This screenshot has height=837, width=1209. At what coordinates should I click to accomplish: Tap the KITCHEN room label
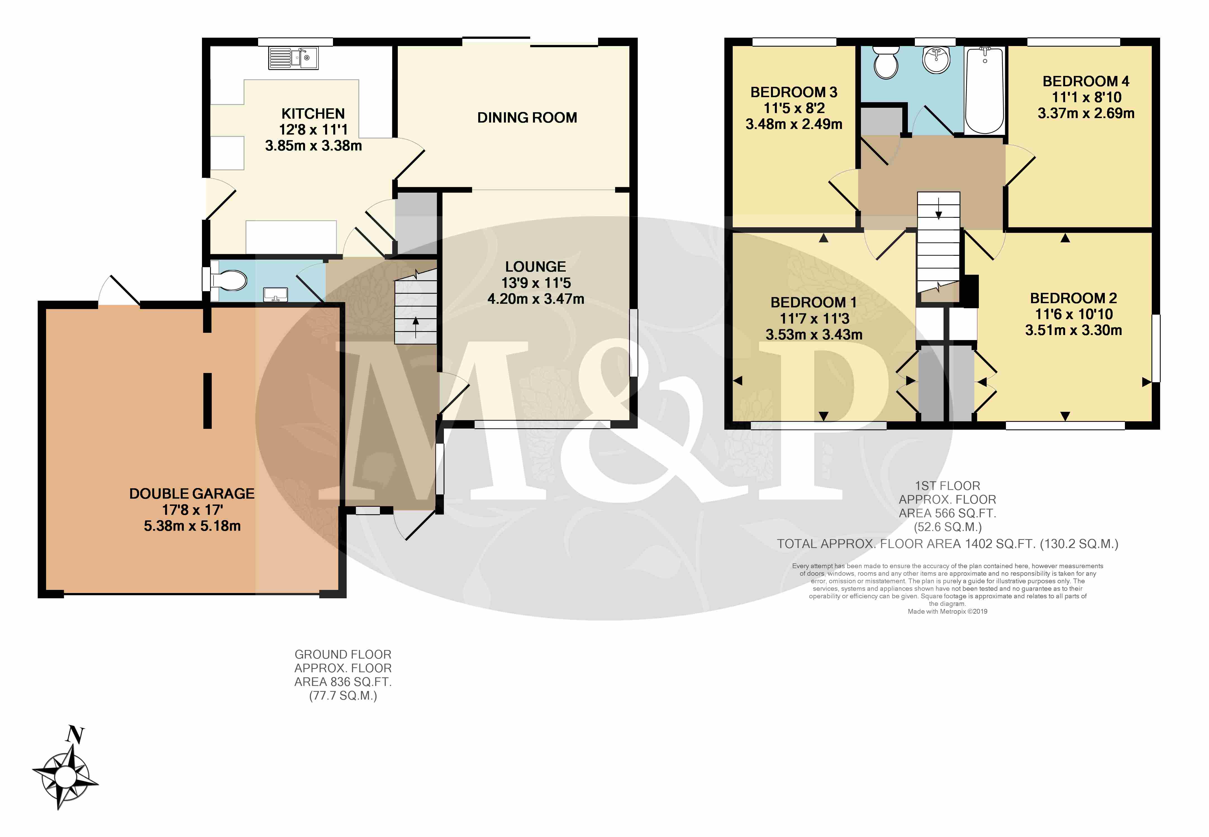(x=313, y=114)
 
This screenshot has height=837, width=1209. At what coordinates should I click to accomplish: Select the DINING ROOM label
(x=527, y=118)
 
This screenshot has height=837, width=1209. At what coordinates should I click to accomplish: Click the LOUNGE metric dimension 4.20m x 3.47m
(x=536, y=299)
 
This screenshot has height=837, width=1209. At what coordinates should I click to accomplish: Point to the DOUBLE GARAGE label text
(x=192, y=494)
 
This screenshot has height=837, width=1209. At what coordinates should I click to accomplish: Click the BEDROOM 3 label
(x=794, y=92)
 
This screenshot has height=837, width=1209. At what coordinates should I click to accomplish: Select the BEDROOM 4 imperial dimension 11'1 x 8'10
(x=1086, y=97)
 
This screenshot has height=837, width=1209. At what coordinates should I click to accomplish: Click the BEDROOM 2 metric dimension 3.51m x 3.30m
(x=1074, y=330)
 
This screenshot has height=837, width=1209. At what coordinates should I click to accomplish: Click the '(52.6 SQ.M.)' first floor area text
(x=948, y=527)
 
